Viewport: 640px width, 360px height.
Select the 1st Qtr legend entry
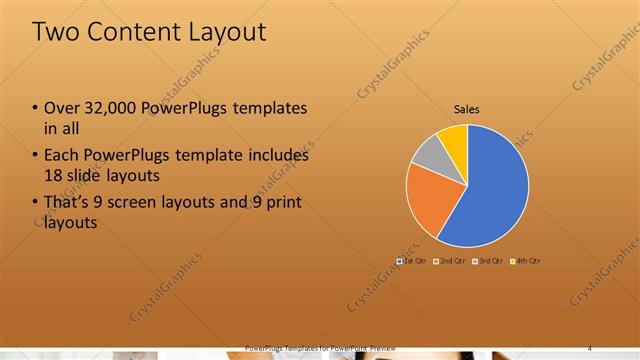coord(414,261)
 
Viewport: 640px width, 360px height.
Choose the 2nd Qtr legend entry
coord(451,261)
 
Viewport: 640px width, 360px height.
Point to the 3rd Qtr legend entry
coord(487,261)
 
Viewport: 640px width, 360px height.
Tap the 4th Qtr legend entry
coord(524,261)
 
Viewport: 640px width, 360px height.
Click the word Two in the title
coord(56,32)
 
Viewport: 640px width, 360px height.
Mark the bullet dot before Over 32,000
coord(34,108)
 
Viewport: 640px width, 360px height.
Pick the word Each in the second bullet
coord(62,155)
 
